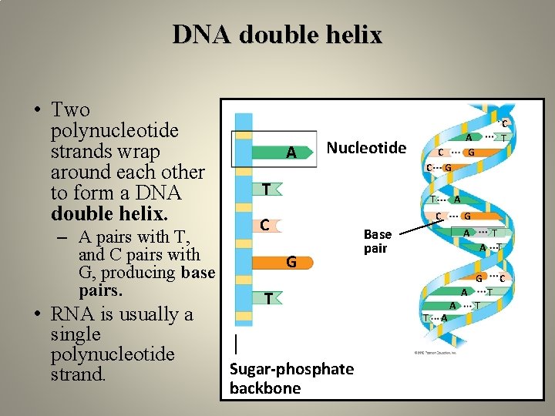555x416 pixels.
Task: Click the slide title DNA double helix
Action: (x=277, y=35)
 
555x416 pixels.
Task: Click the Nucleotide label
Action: (x=366, y=147)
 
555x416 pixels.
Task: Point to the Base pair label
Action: (x=378, y=241)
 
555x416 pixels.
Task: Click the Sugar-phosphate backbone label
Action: (x=291, y=378)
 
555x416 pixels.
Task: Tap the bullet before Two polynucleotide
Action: (x=38, y=110)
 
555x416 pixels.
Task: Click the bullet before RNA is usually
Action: (x=38, y=314)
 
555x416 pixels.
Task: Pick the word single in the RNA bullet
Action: (x=75, y=334)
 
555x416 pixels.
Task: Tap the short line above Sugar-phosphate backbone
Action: (x=236, y=341)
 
